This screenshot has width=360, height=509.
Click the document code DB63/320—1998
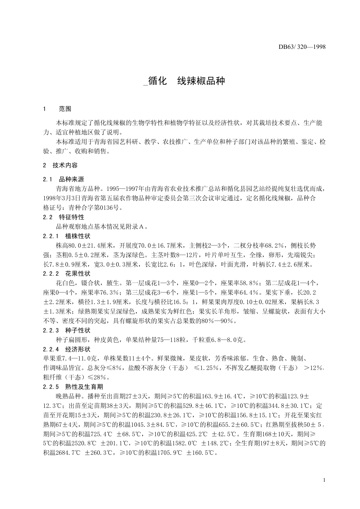[x=302, y=47]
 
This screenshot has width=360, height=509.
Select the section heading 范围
[x=65, y=109]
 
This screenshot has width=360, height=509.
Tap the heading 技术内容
[x=65, y=165]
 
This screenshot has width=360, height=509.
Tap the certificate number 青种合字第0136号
[x=95, y=208]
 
